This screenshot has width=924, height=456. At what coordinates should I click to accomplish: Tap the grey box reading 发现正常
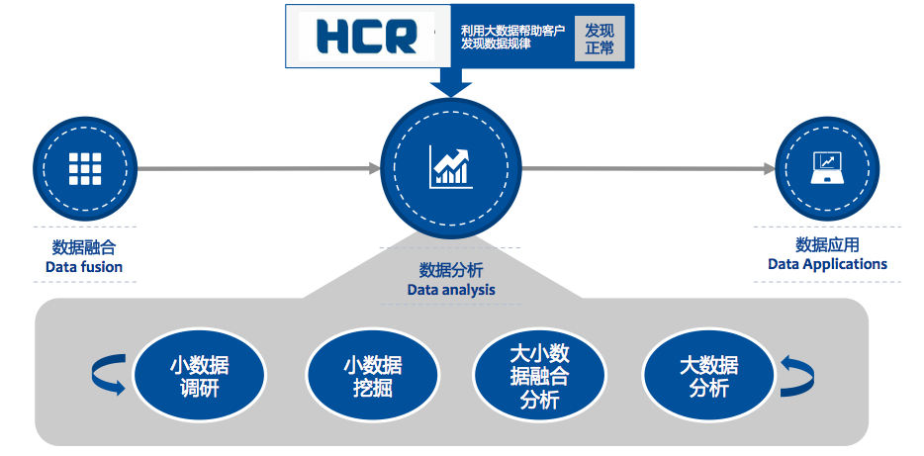[600, 38]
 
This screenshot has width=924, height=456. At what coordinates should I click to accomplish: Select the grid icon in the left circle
[85, 169]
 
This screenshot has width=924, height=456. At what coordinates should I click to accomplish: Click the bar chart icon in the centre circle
[450, 168]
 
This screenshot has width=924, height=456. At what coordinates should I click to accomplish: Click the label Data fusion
[84, 267]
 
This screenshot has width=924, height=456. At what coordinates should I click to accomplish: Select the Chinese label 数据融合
[84, 247]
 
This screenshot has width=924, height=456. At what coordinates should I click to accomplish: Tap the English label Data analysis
[451, 290]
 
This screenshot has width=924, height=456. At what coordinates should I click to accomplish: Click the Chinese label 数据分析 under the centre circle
[451, 270]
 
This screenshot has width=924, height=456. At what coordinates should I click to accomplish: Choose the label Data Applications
[827, 264]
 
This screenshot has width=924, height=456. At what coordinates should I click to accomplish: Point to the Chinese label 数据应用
[827, 244]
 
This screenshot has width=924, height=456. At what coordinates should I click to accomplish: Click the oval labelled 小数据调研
[199, 376]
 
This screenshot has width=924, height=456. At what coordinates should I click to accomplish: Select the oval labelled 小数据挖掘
[372, 376]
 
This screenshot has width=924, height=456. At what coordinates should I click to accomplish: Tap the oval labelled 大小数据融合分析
[539, 376]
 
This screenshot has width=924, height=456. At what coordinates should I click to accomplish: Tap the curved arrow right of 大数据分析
[797, 376]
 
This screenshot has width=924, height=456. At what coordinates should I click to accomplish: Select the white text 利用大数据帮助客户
[512, 30]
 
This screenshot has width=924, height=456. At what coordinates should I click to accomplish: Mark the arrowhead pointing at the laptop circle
[769, 169]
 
